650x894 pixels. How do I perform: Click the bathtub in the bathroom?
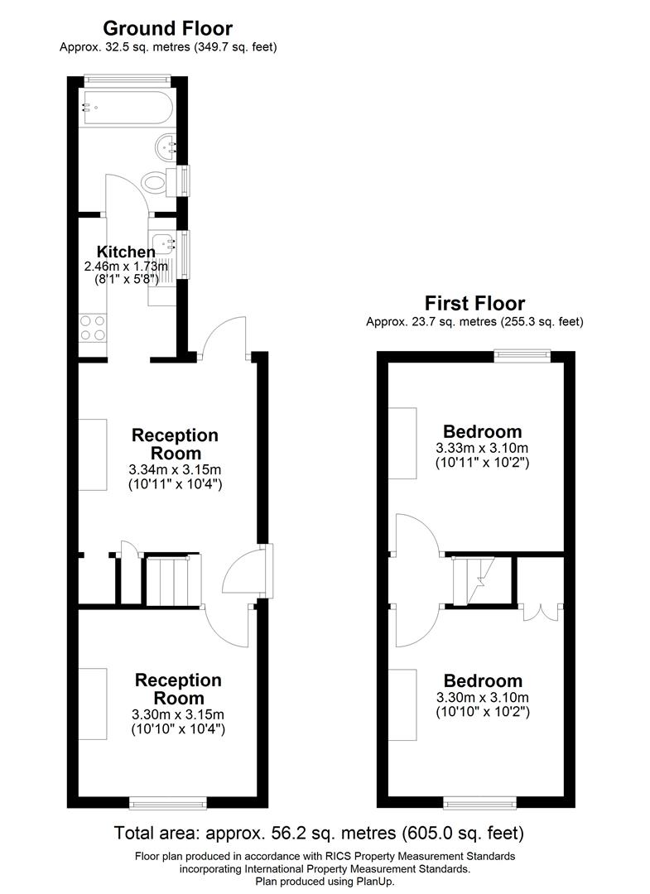[x=126, y=107]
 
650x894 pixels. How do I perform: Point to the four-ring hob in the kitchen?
[x=92, y=328]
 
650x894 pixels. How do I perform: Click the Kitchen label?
[x=126, y=252]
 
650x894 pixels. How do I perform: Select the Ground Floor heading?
[x=168, y=29]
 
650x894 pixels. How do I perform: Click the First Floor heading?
[x=474, y=303]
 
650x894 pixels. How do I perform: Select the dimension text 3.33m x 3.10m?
[x=482, y=448]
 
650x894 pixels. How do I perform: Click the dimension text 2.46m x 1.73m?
[x=126, y=267]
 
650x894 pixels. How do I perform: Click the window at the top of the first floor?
[x=522, y=355]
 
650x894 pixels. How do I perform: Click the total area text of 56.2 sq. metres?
[x=318, y=832]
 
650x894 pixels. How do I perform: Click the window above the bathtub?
[x=128, y=79]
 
